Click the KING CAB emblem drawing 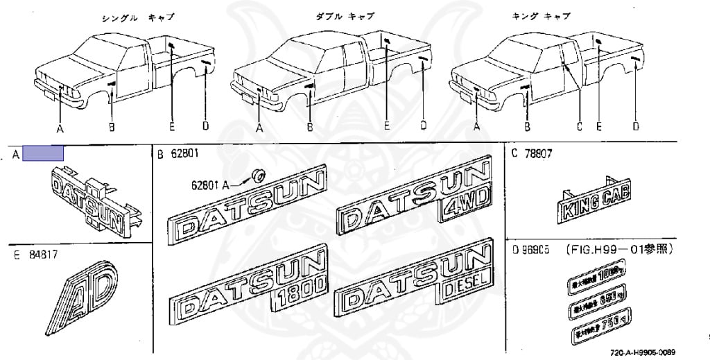(595, 203)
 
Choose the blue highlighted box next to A (43, 153)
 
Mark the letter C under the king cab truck (579, 126)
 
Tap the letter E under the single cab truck (171, 126)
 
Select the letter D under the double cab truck (422, 126)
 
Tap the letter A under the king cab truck (477, 127)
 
